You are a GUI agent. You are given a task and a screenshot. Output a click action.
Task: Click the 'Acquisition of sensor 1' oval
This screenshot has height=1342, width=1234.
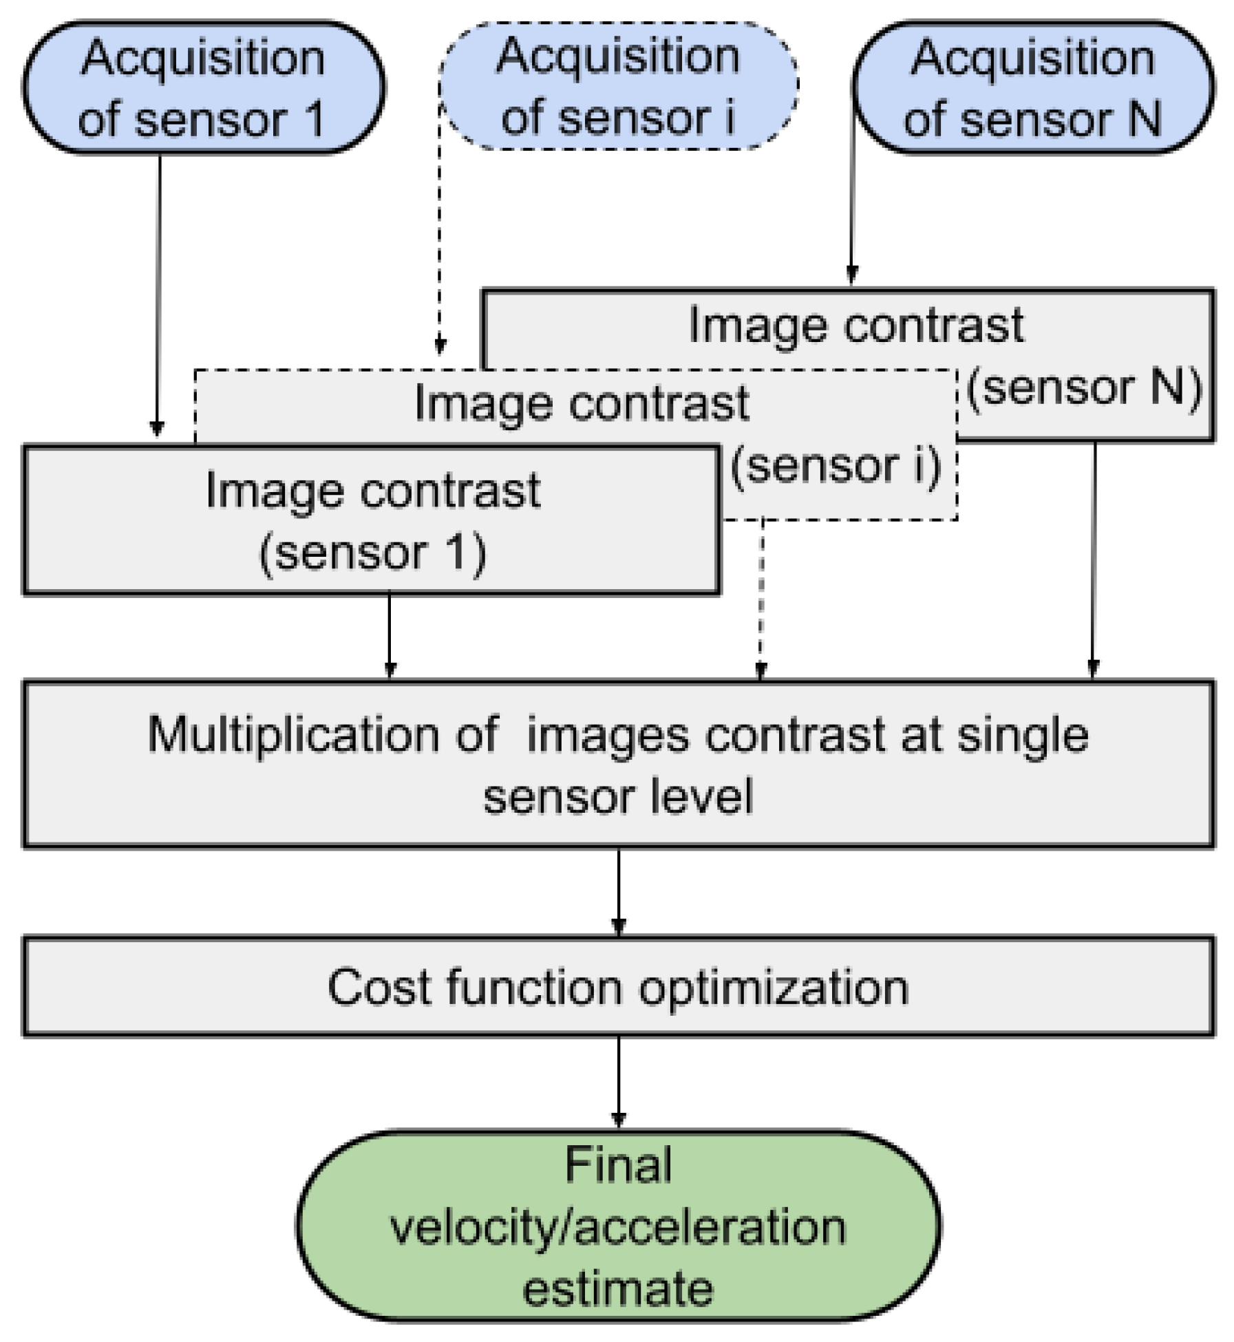click(x=203, y=87)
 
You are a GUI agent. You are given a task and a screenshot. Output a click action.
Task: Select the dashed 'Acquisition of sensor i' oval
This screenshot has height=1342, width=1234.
click(x=617, y=86)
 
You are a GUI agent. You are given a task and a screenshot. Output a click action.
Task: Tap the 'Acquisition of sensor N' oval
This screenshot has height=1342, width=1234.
click(x=1032, y=87)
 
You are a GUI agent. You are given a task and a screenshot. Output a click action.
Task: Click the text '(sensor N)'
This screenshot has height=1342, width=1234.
click(x=1083, y=387)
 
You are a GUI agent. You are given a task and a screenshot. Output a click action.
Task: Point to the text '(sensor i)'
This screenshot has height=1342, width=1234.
click(x=835, y=466)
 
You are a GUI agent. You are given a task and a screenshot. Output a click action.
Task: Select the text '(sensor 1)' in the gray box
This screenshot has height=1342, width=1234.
click(x=372, y=552)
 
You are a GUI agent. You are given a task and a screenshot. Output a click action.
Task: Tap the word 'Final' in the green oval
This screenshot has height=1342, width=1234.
click(x=617, y=1165)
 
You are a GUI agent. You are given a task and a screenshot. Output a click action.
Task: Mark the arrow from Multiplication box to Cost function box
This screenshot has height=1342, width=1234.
click(x=618, y=891)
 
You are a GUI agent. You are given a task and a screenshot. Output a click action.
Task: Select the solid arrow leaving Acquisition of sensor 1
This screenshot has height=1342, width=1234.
click(x=158, y=296)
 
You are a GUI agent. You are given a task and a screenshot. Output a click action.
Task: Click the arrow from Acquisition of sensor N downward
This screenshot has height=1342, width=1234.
click(x=852, y=206)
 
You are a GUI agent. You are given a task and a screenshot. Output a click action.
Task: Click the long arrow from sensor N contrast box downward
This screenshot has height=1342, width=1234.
click(x=1094, y=557)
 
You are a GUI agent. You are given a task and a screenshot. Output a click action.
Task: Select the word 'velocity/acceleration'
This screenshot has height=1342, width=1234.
click(x=617, y=1227)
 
